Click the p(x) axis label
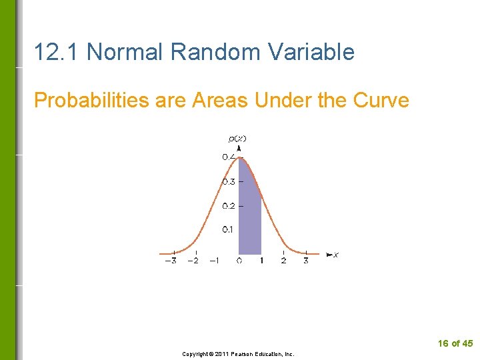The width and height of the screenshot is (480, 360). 237,139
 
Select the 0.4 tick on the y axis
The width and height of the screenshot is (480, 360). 229,157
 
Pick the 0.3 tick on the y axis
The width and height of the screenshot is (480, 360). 229,181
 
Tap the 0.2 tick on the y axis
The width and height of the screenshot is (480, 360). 229,206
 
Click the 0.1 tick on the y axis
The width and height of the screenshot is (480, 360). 228,230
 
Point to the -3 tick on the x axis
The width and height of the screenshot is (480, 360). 171,261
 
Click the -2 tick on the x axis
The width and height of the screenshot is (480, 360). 193,261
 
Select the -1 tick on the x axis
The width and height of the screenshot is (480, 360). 214,261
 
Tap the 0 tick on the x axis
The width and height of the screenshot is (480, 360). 239,261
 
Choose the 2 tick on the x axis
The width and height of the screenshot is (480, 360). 283,261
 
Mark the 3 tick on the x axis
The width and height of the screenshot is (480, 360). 305,261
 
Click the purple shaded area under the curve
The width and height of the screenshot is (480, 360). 249,213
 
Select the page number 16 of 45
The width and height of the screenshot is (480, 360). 455,343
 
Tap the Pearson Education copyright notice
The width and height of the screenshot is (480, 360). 239,354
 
